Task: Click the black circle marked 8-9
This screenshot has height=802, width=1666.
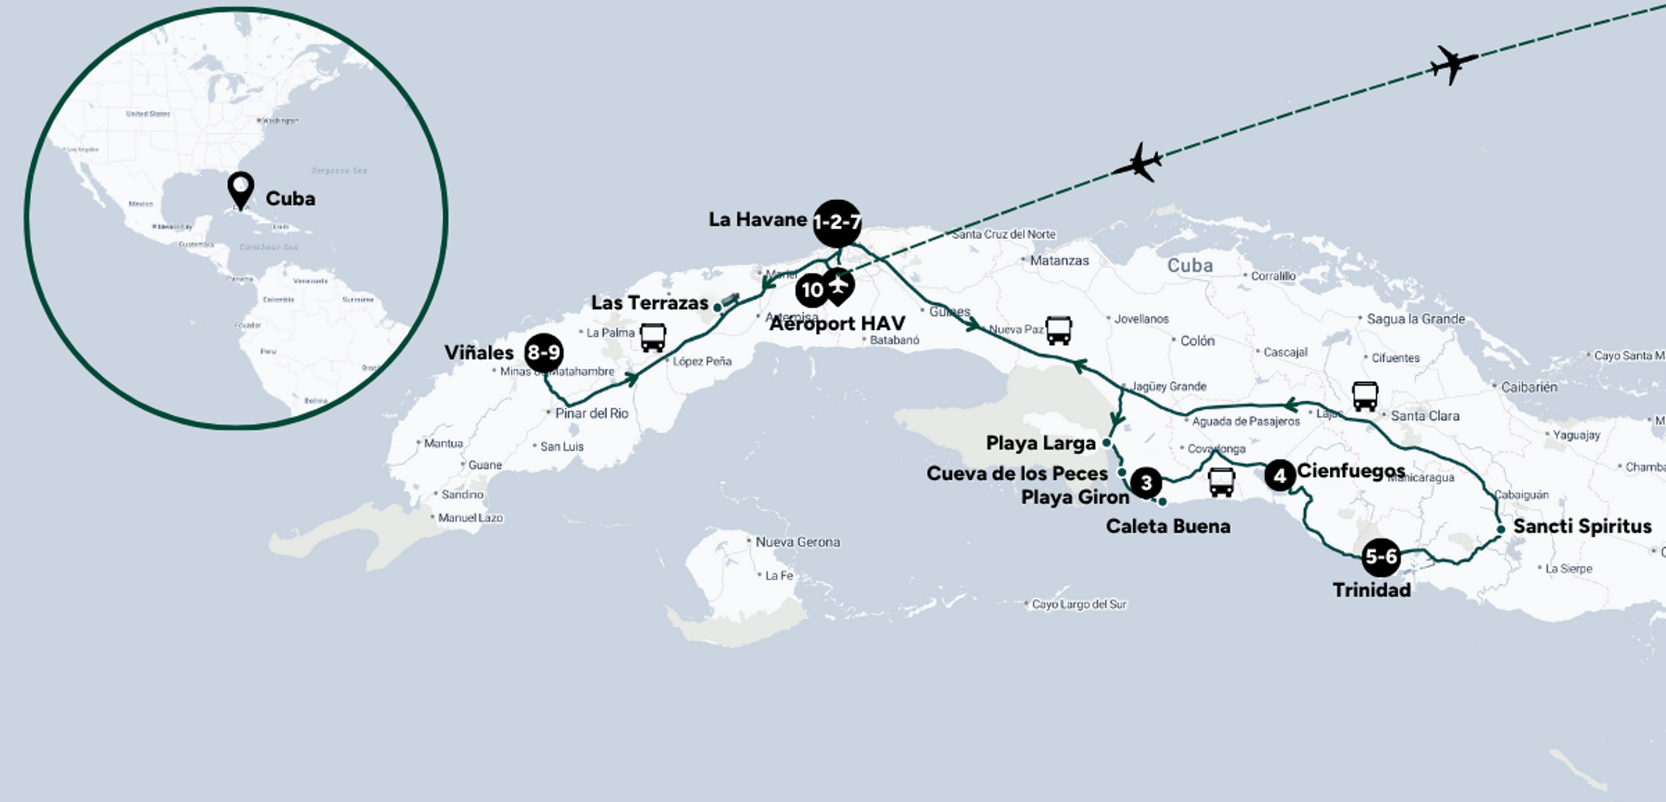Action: (543, 353)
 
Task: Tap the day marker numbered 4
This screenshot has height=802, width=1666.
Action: (1280, 475)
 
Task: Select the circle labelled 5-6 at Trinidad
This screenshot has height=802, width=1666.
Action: (1380, 557)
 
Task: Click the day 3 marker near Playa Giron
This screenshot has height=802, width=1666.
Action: (1146, 483)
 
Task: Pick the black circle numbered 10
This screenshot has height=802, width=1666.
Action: (811, 290)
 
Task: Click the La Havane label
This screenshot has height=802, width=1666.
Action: (757, 220)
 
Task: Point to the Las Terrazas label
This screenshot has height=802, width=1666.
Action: (649, 303)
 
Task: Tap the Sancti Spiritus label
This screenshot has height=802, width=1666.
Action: (1581, 526)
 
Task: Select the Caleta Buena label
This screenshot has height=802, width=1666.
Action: (1167, 526)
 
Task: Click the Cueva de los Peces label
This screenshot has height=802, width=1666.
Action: (1017, 473)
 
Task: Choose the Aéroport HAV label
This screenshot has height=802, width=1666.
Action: (837, 324)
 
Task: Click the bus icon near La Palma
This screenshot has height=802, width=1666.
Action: (652, 337)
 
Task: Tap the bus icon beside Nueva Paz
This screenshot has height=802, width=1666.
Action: (1058, 330)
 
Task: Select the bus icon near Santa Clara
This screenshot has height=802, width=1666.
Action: (1365, 396)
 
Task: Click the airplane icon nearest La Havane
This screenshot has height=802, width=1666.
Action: (1137, 163)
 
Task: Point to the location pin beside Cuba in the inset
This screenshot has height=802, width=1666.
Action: (241, 190)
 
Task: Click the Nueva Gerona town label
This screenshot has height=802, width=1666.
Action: (797, 542)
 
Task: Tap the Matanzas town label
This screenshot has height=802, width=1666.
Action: (1059, 261)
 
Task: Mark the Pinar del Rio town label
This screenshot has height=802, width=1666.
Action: (591, 413)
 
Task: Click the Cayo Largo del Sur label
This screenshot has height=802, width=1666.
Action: (1079, 604)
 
